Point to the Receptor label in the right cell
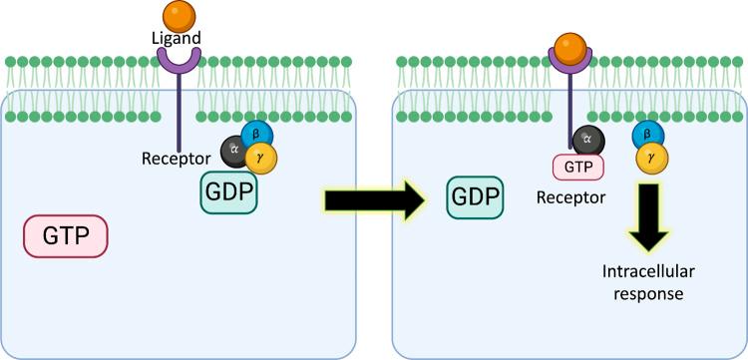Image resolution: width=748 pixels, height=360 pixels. (x=570, y=196)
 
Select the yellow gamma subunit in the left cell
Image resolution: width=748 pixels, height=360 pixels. (x=262, y=157)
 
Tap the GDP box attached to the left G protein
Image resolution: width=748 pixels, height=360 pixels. (x=227, y=188)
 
